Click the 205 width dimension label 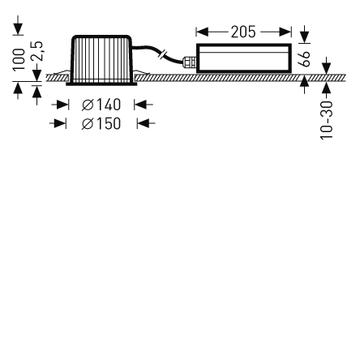click(243, 32)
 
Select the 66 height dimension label click(304, 58)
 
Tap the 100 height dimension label click(19, 60)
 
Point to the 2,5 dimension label click(36, 51)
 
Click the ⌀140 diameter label click(101, 105)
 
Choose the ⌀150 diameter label click(101, 124)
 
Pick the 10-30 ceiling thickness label click(327, 120)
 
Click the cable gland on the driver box click(189, 62)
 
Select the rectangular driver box click(244, 58)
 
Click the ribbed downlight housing click(101, 58)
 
